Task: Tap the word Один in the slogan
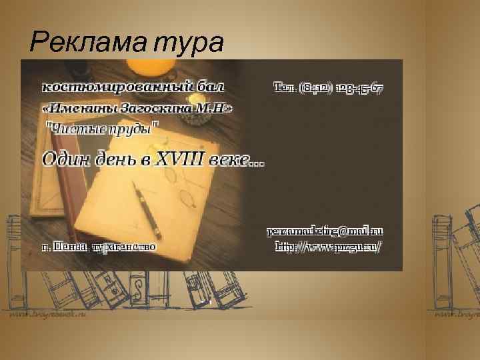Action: tap(67, 160)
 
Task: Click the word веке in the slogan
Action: tap(237, 160)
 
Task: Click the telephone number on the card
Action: tap(328, 87)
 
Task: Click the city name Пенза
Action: tap(69, 246)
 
